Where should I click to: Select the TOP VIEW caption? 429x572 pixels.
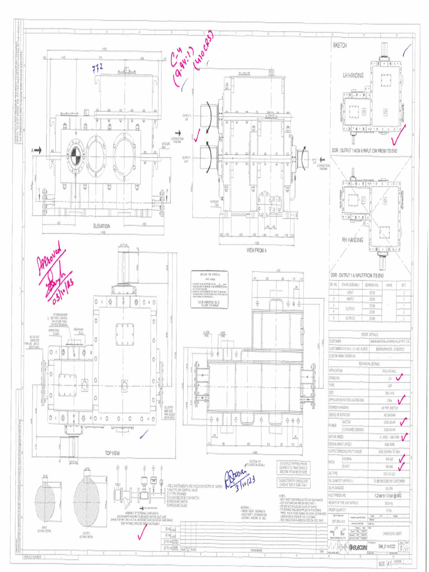(x=113, y=453)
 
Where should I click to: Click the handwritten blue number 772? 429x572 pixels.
(x=98, y=68)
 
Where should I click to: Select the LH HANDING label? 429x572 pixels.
(x=352, y=74)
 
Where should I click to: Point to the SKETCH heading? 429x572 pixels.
(x=340, y=45)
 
